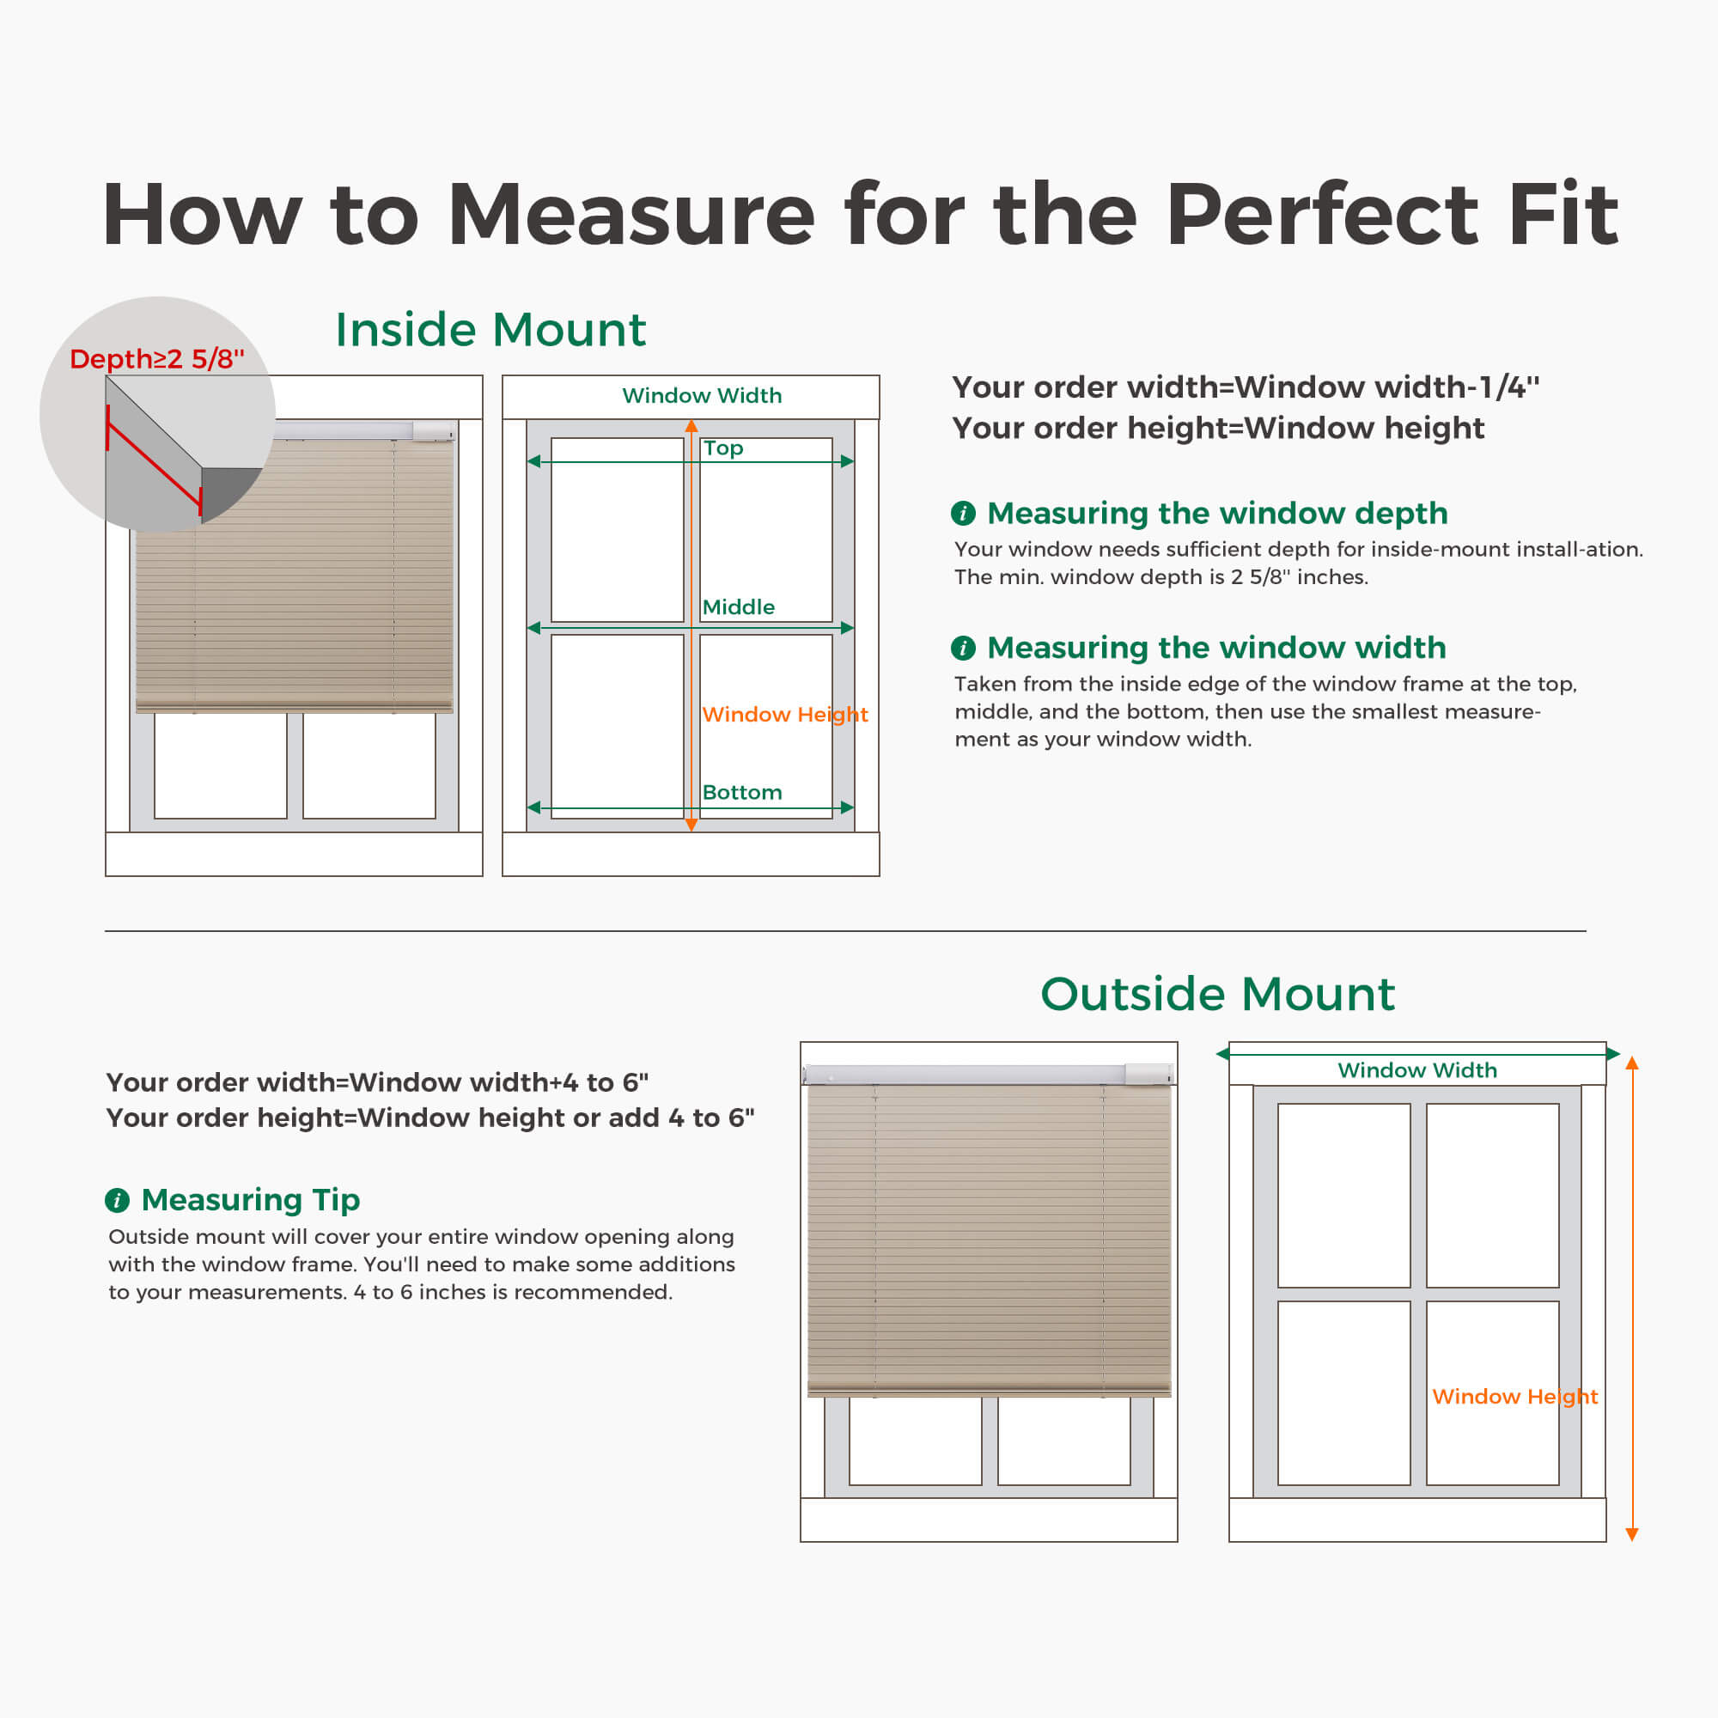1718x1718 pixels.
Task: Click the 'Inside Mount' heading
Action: (x=490, y=330)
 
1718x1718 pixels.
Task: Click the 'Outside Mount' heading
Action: (x=1217, y=993)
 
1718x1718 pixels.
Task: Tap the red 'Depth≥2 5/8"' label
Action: (x=157, y=358)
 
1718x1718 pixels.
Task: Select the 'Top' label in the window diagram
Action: (x=723, y=448)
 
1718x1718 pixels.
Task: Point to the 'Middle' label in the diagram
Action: (x=738, y=607)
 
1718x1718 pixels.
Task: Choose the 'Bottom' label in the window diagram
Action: (x=741, y=792)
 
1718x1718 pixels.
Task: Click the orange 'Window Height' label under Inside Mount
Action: (x=785, y=714)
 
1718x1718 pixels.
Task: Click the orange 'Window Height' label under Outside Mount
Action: (x=1515, y=1396)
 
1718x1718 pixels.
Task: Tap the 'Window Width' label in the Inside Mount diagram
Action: (x=702, y=396)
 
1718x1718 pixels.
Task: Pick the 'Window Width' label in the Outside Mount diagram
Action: (x=1417, y=1069)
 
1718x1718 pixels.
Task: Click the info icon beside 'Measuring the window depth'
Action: (x=963, y=513)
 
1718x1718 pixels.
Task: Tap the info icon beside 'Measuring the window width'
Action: (x=963, y=648)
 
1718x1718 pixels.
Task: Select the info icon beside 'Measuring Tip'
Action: (x=118, y=1201)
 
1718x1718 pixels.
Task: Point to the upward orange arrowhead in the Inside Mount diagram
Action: (x=691, y=426)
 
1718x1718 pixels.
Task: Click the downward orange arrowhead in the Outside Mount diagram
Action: (x=1632, y=1534)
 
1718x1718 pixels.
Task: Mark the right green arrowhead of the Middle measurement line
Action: (x=848, y=628)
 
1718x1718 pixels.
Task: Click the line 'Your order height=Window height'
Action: (x=1217, y=429)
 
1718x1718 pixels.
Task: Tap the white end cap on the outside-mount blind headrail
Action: (x=1148, y=1075)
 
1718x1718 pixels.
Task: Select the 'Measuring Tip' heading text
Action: (x=251, y=1201)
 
